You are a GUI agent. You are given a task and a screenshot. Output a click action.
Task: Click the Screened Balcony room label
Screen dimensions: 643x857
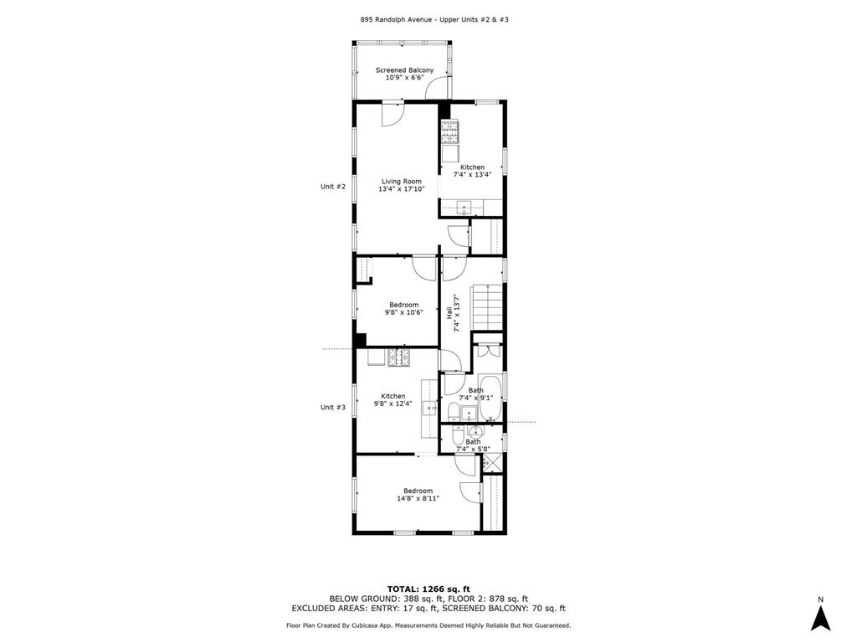point(404,70)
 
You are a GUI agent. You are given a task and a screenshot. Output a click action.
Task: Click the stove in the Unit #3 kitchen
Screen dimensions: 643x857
point(398,358)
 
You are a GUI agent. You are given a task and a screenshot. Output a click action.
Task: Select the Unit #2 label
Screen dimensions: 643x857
point(333,187)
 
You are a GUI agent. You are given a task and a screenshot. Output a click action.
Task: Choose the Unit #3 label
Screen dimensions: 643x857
point(333,407)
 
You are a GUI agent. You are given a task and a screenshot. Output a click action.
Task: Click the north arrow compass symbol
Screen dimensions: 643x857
point(821,617)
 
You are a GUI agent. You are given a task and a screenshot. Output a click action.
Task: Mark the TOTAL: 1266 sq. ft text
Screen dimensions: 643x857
point(428,589)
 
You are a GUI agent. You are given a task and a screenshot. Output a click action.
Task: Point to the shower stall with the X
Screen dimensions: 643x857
point(492,462)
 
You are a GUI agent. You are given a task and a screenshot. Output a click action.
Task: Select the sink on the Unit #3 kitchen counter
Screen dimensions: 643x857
point(428,408)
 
